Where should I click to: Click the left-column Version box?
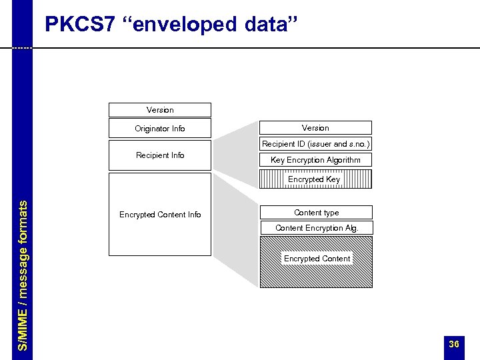160,110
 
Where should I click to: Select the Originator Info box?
160,129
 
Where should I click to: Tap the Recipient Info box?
160,155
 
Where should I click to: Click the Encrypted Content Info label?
160,215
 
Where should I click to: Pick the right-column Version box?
315,128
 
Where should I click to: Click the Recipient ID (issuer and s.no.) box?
315,144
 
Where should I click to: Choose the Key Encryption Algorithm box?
315,160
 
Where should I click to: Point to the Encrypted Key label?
314,179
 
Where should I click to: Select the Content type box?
316,213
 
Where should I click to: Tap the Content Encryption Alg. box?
316,228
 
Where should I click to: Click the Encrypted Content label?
317,259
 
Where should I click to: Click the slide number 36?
454,344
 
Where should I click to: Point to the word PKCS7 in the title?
79,25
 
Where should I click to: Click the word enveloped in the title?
182,25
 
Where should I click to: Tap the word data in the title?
265,25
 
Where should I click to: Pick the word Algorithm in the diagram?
343,160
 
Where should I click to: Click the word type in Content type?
329,213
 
